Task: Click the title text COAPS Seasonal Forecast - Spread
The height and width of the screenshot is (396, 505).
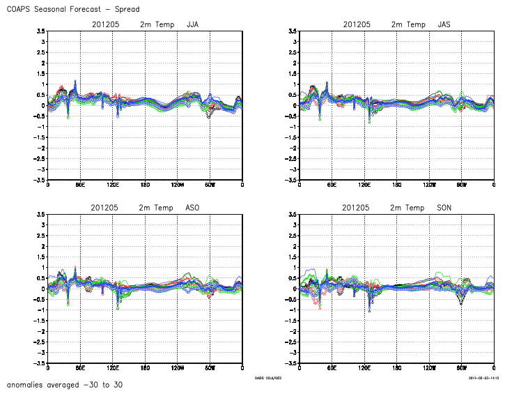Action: tap(72, 9)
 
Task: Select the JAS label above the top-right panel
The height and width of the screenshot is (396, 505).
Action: tap(444, 24)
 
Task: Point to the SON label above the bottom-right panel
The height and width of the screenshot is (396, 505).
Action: tap(444, 208)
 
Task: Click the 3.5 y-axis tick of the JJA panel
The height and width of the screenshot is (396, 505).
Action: tap(41, 31)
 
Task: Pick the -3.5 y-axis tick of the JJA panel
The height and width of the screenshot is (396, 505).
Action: tap(40, 180)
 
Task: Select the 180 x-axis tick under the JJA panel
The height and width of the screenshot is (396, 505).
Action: tap(145, 185)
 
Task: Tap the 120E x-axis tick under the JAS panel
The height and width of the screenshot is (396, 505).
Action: tap(364, 185)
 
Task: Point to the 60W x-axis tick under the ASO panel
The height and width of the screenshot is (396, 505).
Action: tap(210, 367)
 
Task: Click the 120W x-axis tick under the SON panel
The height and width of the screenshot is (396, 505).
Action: tap(428, 367)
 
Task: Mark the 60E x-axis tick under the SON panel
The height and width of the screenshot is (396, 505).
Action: tap(332, 367)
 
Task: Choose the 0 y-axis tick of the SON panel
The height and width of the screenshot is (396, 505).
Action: tap(293, 289)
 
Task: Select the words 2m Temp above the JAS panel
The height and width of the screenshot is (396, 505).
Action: tap(408, 24)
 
